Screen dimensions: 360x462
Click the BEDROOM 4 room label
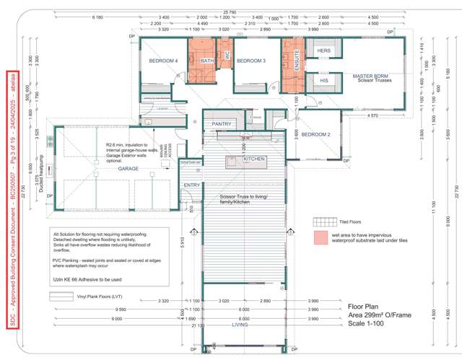tap(163, 61)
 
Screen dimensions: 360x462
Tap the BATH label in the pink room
tap(207, 61)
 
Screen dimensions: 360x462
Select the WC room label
tap(227, 55)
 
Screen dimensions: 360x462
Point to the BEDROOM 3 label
tap(251, 61)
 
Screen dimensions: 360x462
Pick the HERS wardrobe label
tap(324, 51)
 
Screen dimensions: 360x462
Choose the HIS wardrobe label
tap(324, 81)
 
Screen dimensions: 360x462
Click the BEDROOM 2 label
tap(315, 135)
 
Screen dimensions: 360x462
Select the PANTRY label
tap(222, 124)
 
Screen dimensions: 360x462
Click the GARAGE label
tap(128, 169)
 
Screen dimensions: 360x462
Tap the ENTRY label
tap(192, 185)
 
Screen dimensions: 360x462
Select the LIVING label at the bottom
tap(240, 325)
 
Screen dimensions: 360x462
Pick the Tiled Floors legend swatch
tap(321, 221)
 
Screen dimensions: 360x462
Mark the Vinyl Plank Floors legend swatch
tap(61, 297)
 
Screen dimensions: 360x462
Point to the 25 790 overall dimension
tap(230, 12)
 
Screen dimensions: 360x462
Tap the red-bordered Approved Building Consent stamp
tap(12, 200)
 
